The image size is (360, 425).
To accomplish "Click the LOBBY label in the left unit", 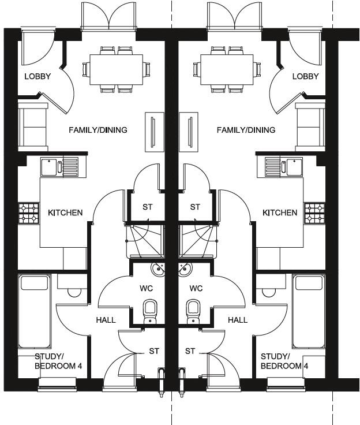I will click(37, 76).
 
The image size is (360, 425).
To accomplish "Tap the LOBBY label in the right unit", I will click(306, 76).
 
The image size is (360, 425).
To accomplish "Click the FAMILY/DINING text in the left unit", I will click(98, 130).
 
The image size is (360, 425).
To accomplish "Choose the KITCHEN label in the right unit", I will click(280, 212).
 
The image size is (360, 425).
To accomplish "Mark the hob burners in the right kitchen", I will click(314, 213).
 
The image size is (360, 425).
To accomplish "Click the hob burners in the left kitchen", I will click(29, 213).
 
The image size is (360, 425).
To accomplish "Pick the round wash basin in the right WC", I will click(185, 270).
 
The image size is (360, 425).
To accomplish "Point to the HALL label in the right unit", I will click(237, 320).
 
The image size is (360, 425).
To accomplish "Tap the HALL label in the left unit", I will click(106, 320).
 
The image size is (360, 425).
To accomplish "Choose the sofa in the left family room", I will click(33, 125).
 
